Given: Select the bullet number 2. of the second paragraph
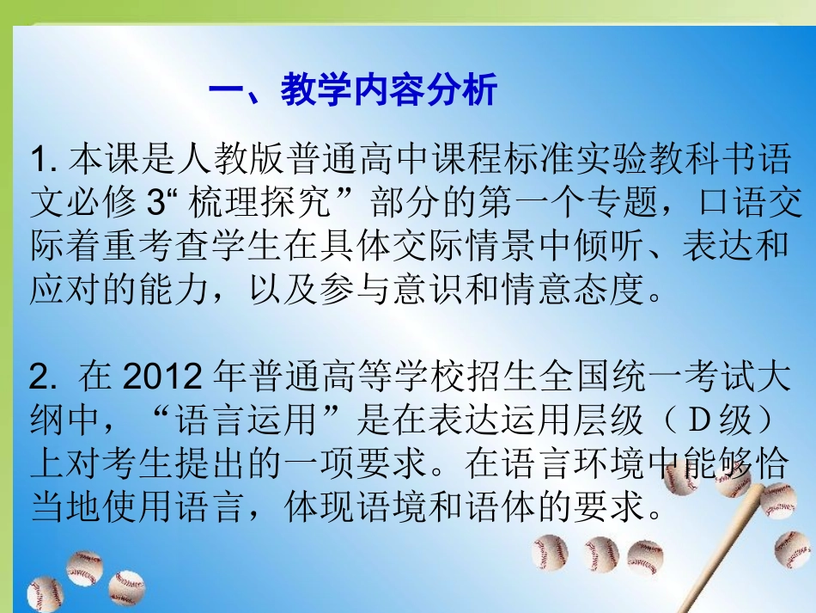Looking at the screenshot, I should (42, 377).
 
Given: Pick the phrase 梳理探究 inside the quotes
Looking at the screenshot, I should (251, 204).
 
